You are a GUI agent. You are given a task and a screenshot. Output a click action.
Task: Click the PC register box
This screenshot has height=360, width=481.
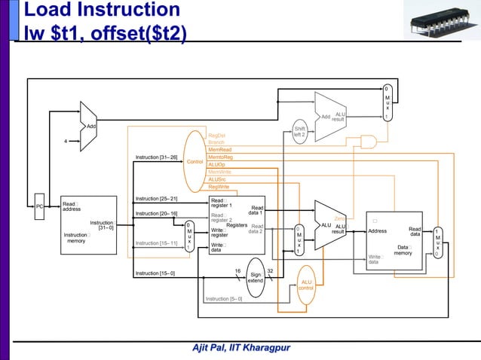coord(39,206)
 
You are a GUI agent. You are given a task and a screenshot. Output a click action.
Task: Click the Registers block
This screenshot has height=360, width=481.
coord(237,225)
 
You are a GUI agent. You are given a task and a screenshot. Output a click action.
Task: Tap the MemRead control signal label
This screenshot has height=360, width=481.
coord(219,150)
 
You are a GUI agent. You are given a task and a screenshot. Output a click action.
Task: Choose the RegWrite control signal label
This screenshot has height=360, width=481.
coord(219,187)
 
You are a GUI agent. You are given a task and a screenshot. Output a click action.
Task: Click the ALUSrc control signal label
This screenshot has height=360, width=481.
coord(218,179)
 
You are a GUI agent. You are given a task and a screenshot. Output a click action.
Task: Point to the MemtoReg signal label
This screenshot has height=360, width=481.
coord(220,157)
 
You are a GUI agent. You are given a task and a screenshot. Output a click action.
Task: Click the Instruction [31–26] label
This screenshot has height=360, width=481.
coord(156,157)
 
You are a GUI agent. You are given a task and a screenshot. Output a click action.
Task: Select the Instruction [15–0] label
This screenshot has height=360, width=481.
coord(155,273)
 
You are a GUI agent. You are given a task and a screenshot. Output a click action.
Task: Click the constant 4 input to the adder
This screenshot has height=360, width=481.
coord(66,140)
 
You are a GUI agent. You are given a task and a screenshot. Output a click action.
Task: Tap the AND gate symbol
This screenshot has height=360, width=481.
coord(369,141)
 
